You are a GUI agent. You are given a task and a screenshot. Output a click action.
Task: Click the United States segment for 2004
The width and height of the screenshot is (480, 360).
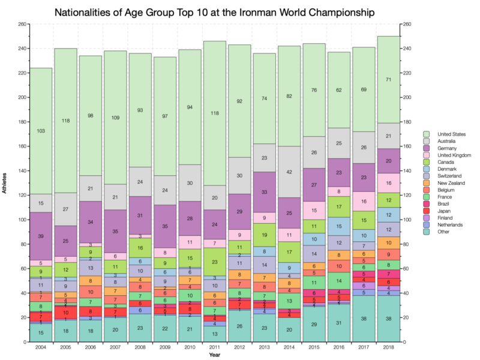(x=41, y=131)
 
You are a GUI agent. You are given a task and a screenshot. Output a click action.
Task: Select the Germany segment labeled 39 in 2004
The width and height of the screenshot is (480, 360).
(x=41, y=236)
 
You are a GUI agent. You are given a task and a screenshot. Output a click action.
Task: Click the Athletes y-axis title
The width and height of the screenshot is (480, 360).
(x=7, y=184)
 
